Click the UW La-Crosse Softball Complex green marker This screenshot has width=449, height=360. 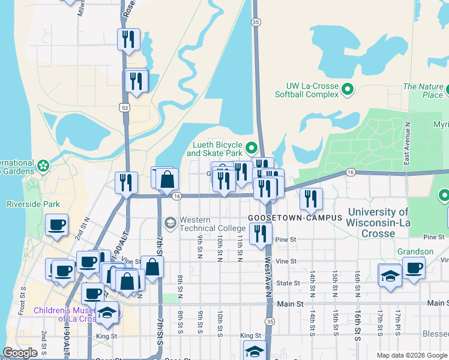click(x=347, y=90)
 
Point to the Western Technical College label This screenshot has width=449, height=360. click(x=203, y=224)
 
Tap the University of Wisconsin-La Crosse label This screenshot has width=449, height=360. click(x=378, y=223)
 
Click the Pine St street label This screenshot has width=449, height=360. click(x=286, y=240)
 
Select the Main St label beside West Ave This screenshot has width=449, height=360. click(x=291, y=304)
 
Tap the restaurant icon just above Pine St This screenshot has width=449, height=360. click(x=260, y=233)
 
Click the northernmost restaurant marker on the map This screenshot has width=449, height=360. click(x=128, y=39)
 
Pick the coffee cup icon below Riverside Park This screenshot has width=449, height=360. click(x=57, y=225)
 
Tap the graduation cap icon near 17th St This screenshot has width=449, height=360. click(x=390, y=276)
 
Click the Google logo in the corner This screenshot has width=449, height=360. click(x=20, y=353)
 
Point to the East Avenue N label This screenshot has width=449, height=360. click(x=407, y=144)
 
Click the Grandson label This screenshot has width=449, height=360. click(x=415, y=251)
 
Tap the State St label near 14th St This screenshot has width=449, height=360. click(x=288, y=283)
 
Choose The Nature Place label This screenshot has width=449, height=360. click(x=423, y=91)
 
